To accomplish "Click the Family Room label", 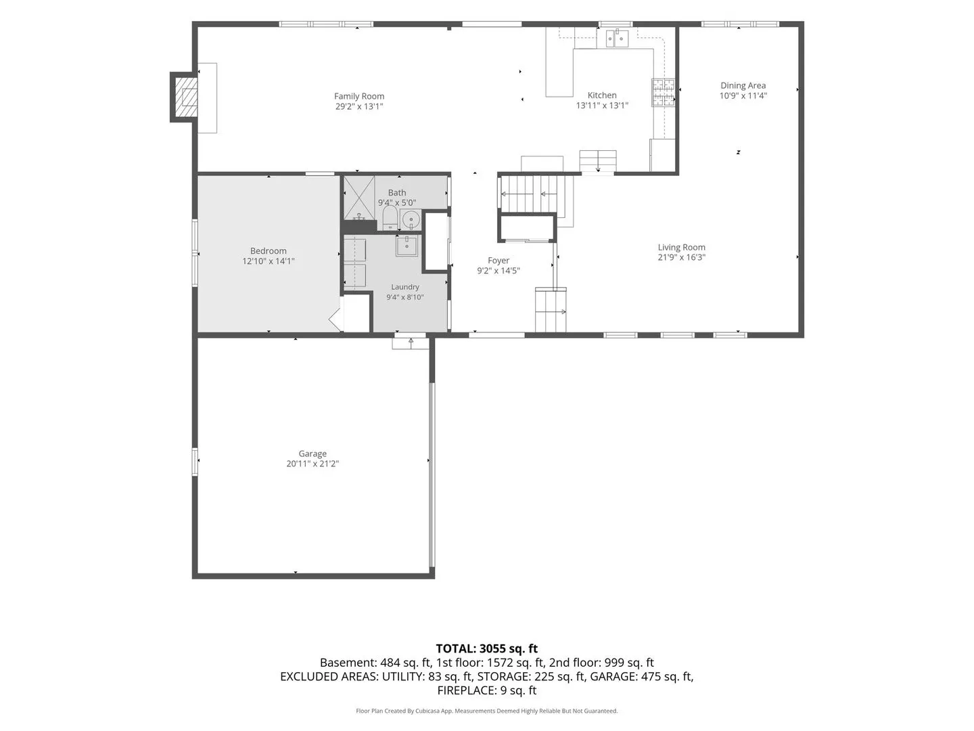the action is coord(358,96).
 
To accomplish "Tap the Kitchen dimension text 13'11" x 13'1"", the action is coord(602,105).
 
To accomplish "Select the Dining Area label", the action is coord(743,85).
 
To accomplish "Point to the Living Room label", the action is coord(681,247).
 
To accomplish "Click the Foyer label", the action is coord(498,261).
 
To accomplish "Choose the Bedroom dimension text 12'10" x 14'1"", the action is coord(268,261).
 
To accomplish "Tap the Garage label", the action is coord(312,453).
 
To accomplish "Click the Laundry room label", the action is coord(404,287).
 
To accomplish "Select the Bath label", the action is coord(396,193).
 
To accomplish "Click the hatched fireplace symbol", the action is coord(186,97).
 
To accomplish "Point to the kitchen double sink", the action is coord(617,38).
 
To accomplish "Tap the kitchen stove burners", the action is coord(663,92).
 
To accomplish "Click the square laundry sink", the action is coord(407,246).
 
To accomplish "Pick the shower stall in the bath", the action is coord(359,198).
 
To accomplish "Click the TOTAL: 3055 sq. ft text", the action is coord(487,648).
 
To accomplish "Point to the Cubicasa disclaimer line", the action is coord(487,711).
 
